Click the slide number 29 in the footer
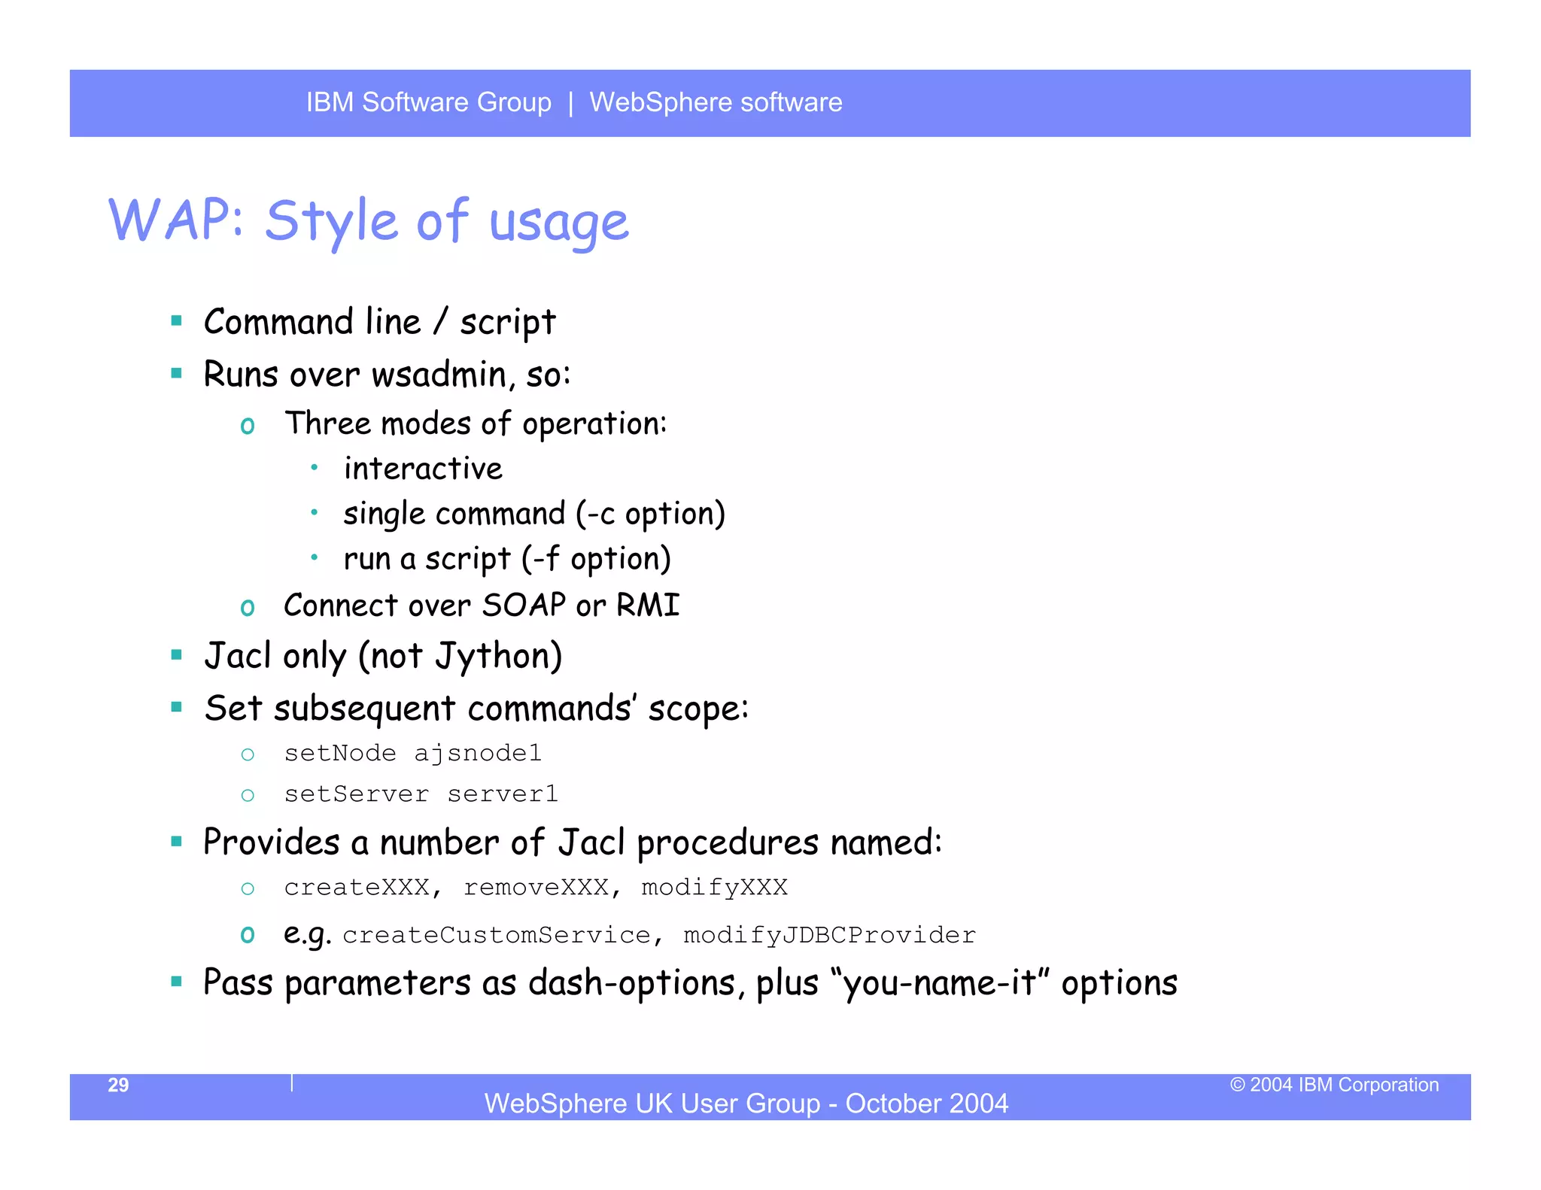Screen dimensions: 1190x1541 coord(118,1085)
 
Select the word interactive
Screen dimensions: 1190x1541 coord(423,469)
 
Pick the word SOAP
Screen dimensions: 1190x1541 coord(524,606)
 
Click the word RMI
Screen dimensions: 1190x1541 coord(648,606)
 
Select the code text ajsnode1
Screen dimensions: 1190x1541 coord(478,754)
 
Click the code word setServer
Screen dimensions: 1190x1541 coord(357,794)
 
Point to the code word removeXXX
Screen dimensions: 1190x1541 coord(536,888)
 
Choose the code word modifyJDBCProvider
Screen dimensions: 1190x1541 coord(829,935)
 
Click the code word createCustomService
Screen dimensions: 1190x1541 coord(497,935)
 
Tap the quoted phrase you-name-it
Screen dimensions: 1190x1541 coord(941,984)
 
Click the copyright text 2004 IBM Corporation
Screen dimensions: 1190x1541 coord(1343,1085)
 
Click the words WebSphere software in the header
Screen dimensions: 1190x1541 coord(716,102)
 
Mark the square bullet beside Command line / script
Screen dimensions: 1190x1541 coord(177,321)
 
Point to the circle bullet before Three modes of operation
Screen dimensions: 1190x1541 coord(248,426)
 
